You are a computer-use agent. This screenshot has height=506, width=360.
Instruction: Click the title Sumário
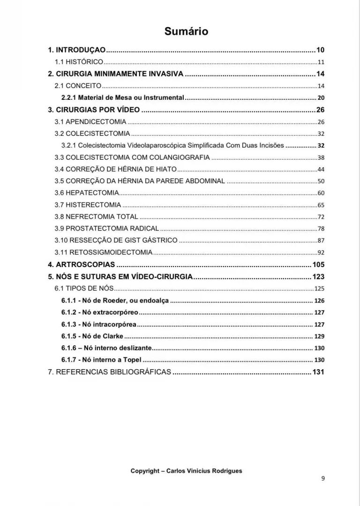(x=186, y=31)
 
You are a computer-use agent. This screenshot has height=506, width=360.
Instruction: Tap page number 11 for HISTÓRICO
(x=321, y=62)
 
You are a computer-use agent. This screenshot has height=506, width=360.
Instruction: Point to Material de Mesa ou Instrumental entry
(x=123, y=98)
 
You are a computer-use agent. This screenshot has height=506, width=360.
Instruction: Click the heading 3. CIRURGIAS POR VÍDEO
(x=94, y=110)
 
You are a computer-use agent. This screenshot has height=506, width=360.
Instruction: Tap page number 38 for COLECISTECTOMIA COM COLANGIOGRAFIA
(x=321, y=157)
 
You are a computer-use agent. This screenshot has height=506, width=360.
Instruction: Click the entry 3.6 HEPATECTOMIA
(x=87, y=193)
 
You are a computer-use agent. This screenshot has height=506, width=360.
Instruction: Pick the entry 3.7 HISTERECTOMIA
(x=88, y=205)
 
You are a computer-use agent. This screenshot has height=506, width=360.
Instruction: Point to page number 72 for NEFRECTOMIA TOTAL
(x=321, y=216)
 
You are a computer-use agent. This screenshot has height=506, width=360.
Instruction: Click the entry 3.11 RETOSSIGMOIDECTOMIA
(x=104, y=253)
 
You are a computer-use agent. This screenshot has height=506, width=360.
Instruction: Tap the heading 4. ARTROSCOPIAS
(x=82, y=265)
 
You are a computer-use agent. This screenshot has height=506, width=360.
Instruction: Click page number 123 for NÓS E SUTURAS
(x=319, y=276)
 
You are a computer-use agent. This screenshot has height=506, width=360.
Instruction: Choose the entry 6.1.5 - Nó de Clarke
(x=92, y=336)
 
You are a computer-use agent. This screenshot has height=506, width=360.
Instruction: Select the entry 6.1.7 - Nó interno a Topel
(x=101, y=360)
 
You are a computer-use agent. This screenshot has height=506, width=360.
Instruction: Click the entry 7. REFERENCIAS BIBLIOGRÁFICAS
(x=110, y=372)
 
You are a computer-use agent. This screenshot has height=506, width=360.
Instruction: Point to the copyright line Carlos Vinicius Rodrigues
(x=186, y=471)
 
